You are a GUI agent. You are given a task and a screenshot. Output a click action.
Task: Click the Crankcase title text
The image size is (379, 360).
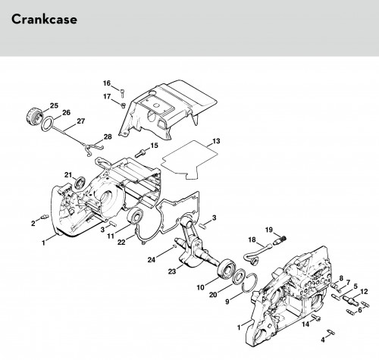point(44,20)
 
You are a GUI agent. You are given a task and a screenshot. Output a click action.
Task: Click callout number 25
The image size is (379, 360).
point(54,105)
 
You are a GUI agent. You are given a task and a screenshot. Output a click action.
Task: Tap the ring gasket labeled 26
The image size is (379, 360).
point(47,124)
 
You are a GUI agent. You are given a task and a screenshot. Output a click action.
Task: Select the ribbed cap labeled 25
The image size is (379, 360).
point(34,116)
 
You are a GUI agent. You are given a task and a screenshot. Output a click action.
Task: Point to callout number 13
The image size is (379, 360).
point(216,141)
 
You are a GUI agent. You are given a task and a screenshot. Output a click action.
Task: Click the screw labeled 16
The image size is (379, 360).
point(123,93)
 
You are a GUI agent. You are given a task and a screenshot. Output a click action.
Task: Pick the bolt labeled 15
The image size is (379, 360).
point(139,152)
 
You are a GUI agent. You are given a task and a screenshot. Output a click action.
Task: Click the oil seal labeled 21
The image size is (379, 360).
point(80,183)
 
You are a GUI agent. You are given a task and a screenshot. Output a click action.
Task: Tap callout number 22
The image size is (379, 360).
point(121,242)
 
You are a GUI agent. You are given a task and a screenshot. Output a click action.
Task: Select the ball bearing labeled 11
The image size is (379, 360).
point(135,216)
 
